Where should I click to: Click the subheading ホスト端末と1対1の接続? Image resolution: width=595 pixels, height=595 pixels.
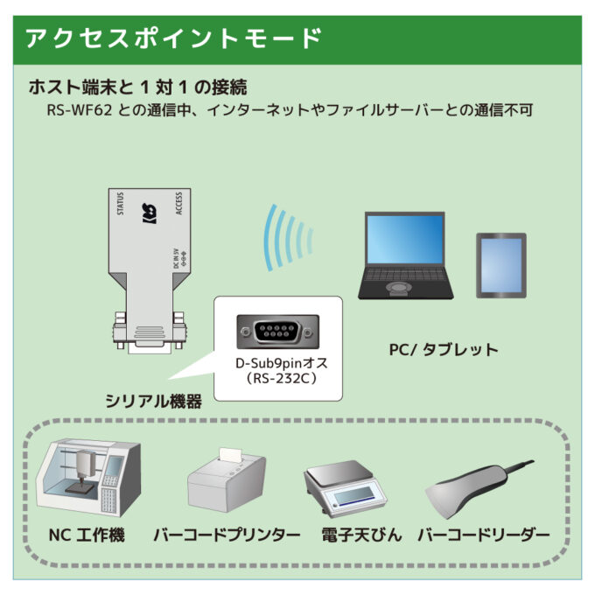(137, 87)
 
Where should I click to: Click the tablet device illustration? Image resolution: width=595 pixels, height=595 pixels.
(500, 264)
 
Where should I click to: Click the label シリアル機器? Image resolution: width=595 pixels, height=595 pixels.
(154, 402)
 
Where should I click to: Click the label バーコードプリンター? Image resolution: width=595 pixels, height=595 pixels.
(227, 535)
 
